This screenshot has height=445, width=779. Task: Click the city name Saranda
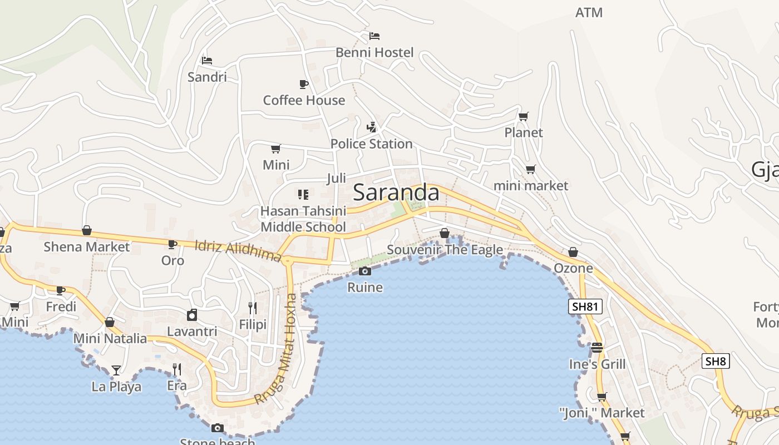396,192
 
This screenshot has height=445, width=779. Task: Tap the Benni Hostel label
374,52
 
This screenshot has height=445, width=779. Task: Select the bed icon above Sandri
207,60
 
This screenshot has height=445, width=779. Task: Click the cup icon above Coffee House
303,84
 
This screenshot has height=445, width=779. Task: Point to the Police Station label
371,144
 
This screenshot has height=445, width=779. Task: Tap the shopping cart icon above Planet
523,116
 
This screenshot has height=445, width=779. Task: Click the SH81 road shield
585,306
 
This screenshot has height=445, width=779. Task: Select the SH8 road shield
715,361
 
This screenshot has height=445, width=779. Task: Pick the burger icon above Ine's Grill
597,348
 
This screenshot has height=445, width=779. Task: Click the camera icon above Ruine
365,271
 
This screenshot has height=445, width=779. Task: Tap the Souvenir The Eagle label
445,250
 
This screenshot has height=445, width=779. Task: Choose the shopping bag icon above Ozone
573,252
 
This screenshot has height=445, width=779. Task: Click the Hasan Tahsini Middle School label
303,219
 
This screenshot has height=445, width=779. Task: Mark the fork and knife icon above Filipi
253,308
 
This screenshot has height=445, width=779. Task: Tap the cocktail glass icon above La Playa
116,370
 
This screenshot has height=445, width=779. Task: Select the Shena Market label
86,246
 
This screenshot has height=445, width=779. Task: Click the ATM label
589,12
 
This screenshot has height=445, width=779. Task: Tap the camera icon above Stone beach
218,428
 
